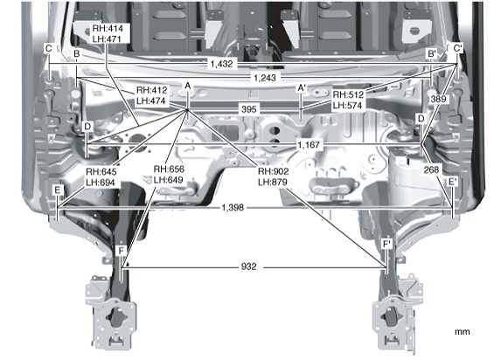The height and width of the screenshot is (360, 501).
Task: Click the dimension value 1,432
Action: (x=221, y=64)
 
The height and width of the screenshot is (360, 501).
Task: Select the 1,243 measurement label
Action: (x=265, y=78)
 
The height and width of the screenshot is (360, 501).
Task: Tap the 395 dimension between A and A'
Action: (x=249, y=109)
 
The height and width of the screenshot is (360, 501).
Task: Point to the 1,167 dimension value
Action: (x=309, y=145)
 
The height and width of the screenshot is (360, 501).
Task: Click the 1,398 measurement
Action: (x=233, y=208)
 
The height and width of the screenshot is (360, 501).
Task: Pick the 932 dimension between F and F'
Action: (x=248, y=267)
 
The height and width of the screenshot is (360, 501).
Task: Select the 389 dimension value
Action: (x=438, y=99)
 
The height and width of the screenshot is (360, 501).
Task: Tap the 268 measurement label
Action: (x=431, y=170)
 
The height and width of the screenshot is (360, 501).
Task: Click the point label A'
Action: (x=302, y=87)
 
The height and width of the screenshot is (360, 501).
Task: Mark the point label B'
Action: (x=432, y=53)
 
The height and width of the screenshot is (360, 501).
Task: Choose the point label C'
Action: (x=457, y=48)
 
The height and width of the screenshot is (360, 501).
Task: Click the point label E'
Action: (x=453, y=182)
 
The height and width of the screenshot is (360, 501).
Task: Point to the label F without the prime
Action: (x=121, y=251)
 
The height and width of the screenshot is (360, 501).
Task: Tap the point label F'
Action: (x=386, y=245)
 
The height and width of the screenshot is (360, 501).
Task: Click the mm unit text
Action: (x=462, y=332)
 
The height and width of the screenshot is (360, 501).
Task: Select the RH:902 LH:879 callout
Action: (x=273, y=177)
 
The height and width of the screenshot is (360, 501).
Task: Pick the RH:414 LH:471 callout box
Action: (x=108, y=33)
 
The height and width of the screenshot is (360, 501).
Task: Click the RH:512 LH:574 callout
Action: (x=348, y=100)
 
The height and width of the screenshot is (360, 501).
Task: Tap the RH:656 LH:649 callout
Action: (x=169, y=175)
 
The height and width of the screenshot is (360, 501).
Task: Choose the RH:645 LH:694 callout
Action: (x=101, y=177)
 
